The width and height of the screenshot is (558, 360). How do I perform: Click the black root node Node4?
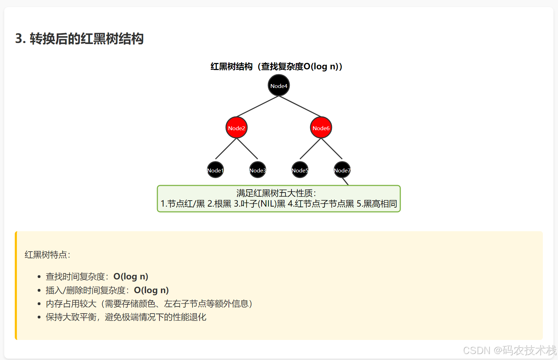[x=278, y=86]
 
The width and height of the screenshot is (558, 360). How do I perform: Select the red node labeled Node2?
[x=236, y=128]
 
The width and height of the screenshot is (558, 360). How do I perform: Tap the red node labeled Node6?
[x=321, y=128]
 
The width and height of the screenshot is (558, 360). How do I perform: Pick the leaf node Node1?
[x=215, y=170]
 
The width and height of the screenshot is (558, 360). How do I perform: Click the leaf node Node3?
[x=257, y=170]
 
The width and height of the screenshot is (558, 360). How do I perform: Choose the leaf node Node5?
[x=300, y=170]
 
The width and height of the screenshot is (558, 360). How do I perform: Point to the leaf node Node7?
[x=342, y=170]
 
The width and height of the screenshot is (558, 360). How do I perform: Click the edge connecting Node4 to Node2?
[x=258, y=106]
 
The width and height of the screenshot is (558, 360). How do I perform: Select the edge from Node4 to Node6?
[x=300, y=106]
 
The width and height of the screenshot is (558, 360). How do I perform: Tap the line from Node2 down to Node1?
[x=226, y=149]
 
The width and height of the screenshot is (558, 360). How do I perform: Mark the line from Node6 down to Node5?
[x=310, y=149]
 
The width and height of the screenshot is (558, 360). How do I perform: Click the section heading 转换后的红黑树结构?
[x=86, y=39]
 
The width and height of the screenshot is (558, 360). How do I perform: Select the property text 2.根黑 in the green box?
[x=219, y=204]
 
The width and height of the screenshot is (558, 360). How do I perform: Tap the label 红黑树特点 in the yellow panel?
[x=47, y=255]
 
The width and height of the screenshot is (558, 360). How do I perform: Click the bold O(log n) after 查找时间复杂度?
[x=131, y=277]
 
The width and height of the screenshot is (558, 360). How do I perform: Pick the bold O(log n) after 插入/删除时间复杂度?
[x=151, y=290]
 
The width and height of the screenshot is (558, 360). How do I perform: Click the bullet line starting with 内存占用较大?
[x=149, y=304]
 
